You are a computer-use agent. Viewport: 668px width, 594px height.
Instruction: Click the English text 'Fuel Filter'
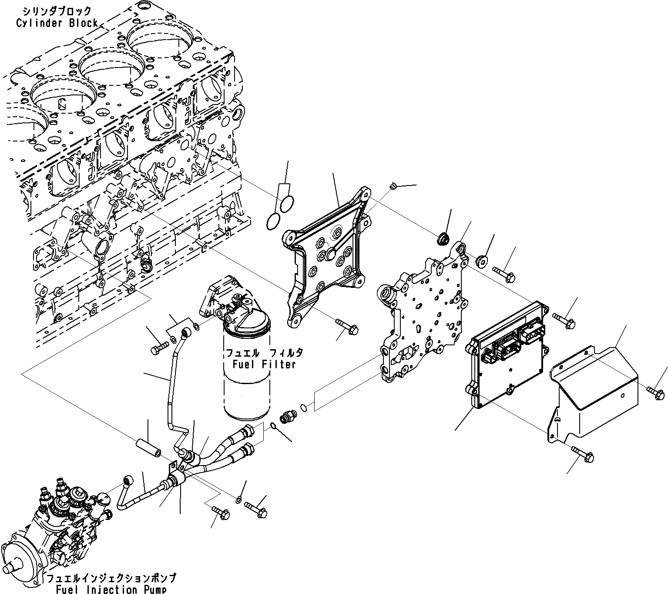(x=264, y=364)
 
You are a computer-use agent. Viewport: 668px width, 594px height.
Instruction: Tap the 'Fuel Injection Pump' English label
(x=111, y=589)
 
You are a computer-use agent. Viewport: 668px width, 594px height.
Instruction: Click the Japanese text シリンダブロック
(x=57, y=12)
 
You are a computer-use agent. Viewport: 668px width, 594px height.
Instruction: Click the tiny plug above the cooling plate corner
(x=392, y=187)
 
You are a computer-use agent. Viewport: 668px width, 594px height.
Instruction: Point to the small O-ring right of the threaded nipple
(x=304, y=408)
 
